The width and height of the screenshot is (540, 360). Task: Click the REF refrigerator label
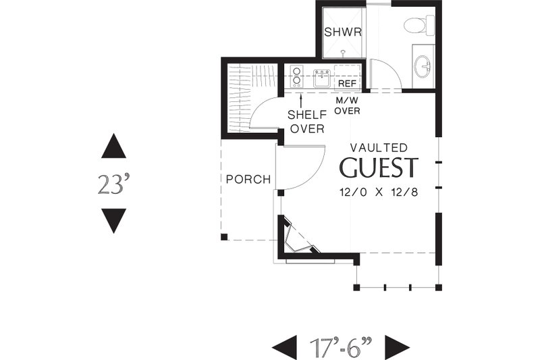347,82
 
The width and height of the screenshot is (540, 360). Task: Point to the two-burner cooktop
296,76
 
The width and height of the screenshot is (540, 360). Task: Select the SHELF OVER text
306,122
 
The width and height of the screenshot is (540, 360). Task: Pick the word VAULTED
379,147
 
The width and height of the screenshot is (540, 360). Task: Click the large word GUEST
379,168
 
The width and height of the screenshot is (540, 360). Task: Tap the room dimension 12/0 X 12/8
379,192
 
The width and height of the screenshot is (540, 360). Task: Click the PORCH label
248,180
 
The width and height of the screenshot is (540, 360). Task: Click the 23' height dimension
113,183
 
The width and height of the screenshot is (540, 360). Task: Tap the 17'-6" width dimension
340,347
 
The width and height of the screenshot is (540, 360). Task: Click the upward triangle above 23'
113,147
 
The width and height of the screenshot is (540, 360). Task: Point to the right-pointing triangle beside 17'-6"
397,347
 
